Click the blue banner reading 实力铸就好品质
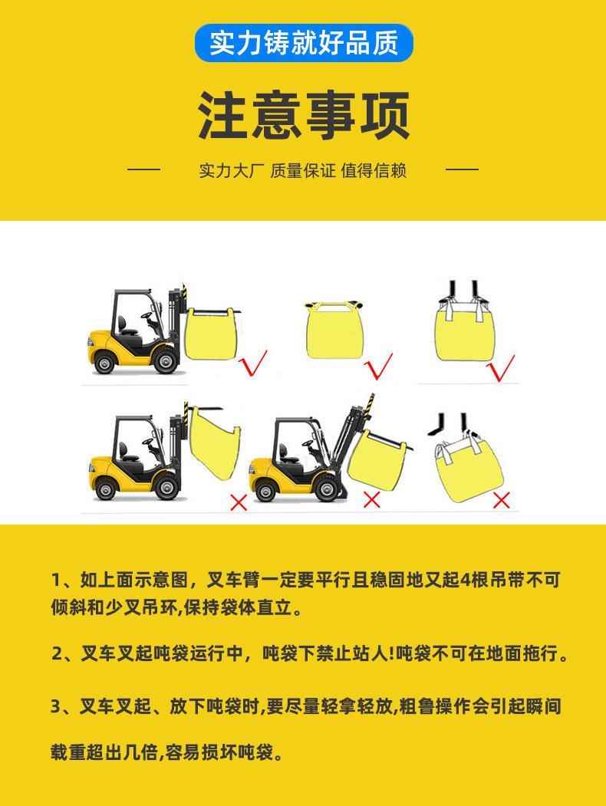point(304,43)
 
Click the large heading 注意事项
point(304,116)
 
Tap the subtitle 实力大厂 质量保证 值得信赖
point(303,170)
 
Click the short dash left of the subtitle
point(144,169)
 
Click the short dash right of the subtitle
point(462,169)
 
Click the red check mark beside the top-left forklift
point(253,364)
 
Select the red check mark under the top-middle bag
point(380,366)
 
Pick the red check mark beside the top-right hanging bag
point(501,368)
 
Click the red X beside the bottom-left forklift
point(239,502)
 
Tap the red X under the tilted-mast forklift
point(371,499)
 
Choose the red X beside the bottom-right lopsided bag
point(501,500)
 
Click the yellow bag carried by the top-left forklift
point(211,334)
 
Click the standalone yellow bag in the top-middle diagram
point(335,330)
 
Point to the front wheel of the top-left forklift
point(165,360)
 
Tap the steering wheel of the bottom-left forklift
point(149,442)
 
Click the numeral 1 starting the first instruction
point(56,580)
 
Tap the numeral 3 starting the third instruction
point(56,706)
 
